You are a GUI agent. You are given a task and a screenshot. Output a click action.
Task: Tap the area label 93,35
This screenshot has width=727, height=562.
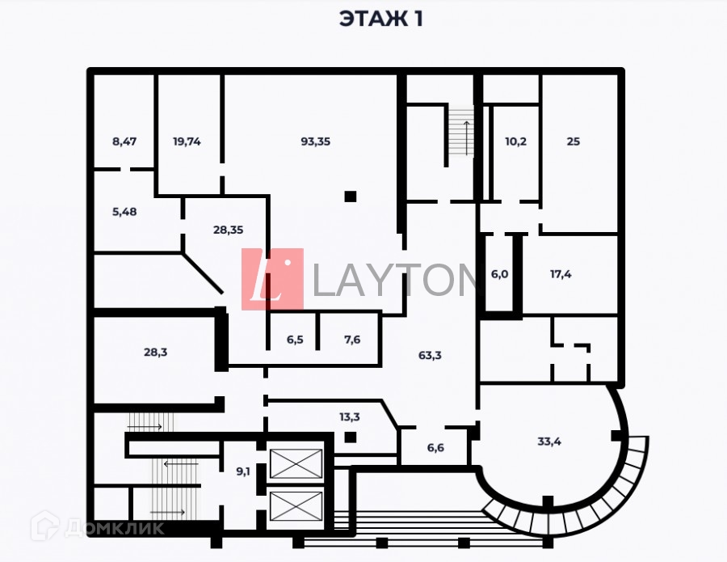316,142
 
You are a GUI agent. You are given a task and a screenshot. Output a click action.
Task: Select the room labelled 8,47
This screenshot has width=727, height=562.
124,142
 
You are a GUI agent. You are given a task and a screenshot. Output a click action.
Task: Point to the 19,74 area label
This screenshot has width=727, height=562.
187,142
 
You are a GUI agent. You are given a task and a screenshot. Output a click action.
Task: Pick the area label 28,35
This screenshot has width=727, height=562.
228,230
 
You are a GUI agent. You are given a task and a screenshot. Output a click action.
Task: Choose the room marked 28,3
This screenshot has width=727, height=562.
155,352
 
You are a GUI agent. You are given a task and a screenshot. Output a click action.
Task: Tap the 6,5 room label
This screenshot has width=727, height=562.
294,340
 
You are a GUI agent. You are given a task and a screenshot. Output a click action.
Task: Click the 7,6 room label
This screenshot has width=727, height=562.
352,340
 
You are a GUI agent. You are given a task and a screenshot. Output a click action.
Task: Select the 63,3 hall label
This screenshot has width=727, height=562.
430,355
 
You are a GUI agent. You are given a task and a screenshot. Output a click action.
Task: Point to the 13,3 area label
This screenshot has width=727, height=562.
349,417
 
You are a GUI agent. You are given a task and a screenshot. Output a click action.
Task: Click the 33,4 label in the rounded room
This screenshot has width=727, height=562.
550,442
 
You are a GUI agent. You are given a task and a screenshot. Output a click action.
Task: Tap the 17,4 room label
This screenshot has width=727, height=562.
561,274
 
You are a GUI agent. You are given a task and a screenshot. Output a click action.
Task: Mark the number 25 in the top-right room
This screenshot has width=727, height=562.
573,142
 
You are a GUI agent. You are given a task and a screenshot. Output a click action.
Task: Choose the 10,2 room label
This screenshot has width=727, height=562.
515,142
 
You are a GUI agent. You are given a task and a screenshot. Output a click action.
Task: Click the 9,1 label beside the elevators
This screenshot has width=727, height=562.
242,471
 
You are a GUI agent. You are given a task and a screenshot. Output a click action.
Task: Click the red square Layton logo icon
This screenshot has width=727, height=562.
272,279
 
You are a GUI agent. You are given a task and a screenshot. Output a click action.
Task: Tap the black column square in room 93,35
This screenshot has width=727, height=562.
350,196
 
